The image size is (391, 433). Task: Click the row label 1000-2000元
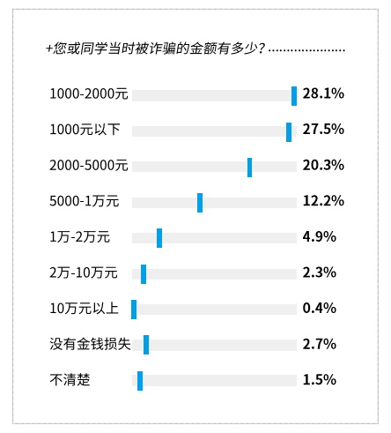[89, 93]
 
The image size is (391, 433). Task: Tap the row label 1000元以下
[84, 130]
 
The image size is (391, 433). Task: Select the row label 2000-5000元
[89, 165]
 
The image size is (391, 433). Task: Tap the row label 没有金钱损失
[90, 344]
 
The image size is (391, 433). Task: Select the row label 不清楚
[70, 380]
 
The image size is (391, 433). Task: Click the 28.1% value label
[322, 93]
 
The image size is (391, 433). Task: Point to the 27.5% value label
[322, 130]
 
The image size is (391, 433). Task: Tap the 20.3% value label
[322, 165]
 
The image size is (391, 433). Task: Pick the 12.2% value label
[322, 201]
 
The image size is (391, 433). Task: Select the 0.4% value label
[320, 309]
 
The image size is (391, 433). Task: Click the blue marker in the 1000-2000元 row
[294, 95]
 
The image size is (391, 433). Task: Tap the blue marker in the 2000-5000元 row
[250, 167]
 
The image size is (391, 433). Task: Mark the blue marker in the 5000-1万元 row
[200, 203]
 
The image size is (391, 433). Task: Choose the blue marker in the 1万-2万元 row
[159, 238]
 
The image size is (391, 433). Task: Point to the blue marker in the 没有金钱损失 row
[146, 345]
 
